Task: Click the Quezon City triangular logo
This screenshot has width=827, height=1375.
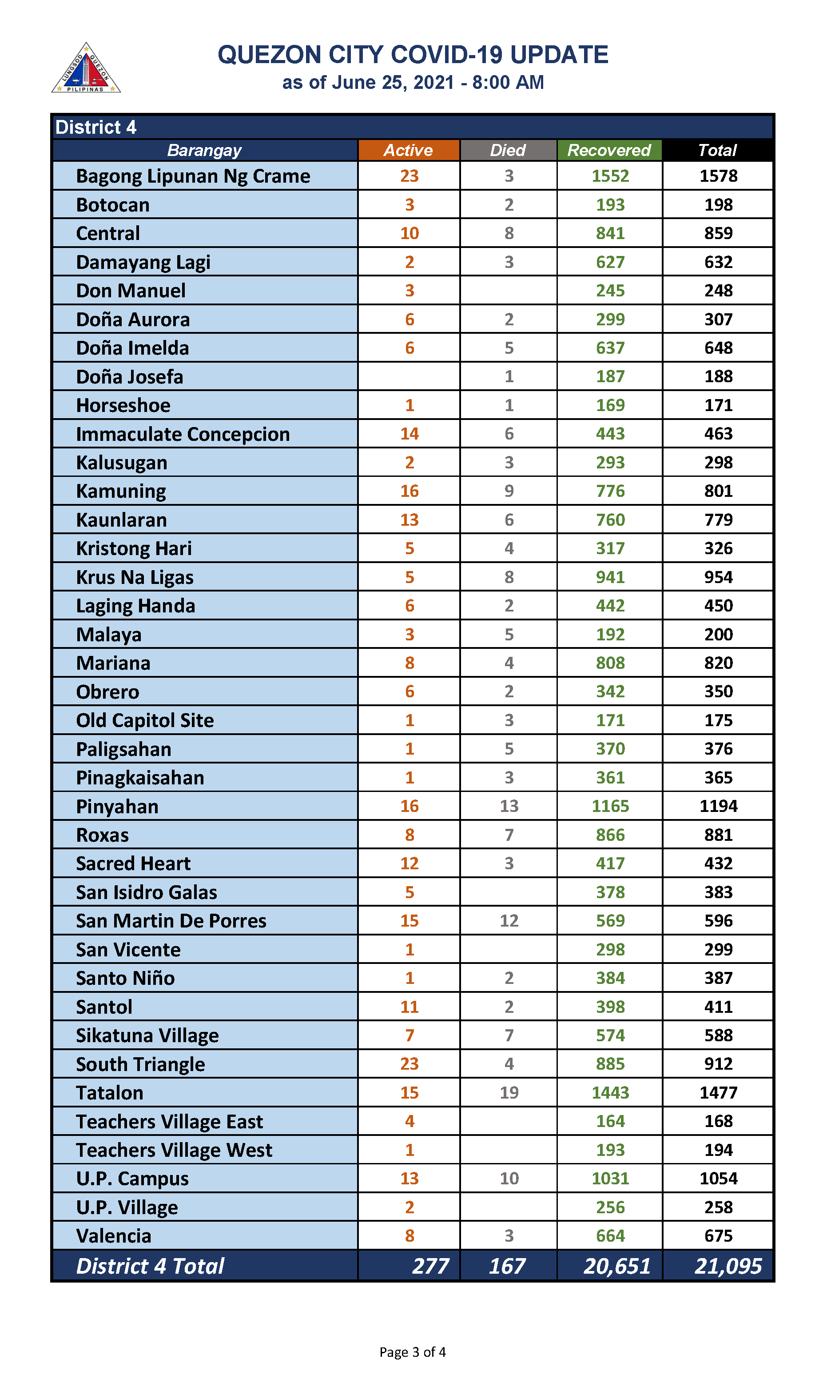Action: click(x=86, y=68)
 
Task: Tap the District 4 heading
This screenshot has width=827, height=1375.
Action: click(x=96, y=127)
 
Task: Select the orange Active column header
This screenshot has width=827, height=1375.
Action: click(x=409, y=150)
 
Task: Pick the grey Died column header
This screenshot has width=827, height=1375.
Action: click(x=508, y=150)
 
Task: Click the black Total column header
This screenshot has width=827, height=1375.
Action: click(x=718, y=150)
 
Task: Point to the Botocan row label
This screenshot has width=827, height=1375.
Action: click(x=113, y=205)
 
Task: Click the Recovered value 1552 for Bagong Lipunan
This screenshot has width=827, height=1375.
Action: click(x=610, y=176)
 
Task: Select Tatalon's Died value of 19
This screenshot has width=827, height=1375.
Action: click(x=509, y=1092)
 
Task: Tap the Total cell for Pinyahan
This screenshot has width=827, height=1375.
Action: click(x=718, y=806)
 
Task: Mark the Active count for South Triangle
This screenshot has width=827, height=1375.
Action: click(x=409, y=1064)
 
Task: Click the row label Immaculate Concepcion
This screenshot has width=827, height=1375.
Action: click(x=183, y=434)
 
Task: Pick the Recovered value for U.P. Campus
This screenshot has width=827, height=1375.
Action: click(x=610, y=1178)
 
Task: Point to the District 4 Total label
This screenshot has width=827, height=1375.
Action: click(x=150, y=1266)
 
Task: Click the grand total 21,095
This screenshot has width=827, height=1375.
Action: click(x=728, y=1266)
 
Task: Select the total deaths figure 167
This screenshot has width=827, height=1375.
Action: click(x=507, y=1266)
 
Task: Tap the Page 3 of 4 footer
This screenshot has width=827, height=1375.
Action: click(x=412, y=1352)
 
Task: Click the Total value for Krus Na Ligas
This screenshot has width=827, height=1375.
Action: click(x=718, y=577)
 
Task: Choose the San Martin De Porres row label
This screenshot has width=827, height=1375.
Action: click(x=171, y=921)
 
